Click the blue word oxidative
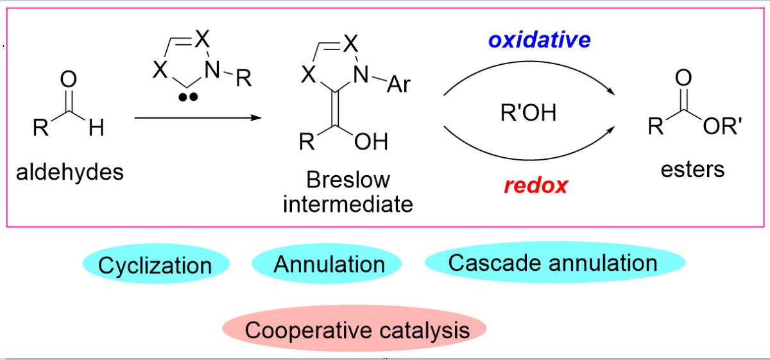pos(539,40)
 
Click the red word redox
pos(536,185)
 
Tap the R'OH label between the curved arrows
pos(528,113)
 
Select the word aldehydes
pos(71,171)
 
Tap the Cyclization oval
pos(155,265)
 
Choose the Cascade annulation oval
pos(552,262)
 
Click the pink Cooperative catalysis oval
pos(357,330)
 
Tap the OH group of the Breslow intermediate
pos(372,141)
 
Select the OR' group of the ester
pos(723,127)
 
